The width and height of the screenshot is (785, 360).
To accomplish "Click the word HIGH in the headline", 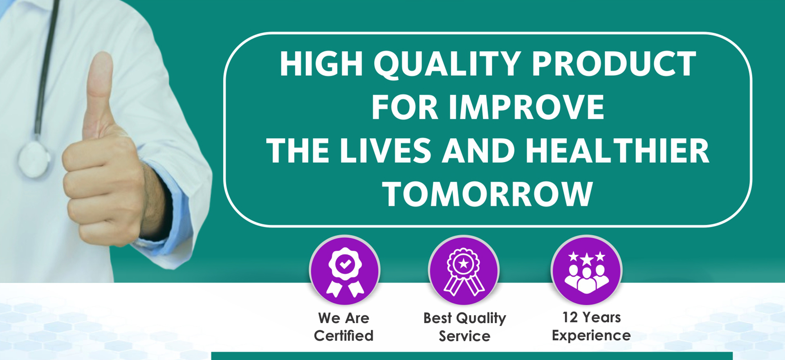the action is tap(321, 64).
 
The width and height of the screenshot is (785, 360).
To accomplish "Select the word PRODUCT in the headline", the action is tap(614, 64).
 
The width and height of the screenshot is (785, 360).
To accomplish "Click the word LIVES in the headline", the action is tap(386, 151).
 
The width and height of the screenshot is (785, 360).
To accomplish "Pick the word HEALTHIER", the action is tap(617, 151).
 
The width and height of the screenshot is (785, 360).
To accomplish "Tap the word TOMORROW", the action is tap(487, 194).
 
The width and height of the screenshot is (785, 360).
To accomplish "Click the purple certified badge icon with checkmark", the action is tap(345, 270).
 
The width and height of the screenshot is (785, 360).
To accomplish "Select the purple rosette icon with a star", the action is tap(464, 270).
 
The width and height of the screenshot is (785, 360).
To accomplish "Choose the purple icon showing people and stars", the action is tap(586, 270).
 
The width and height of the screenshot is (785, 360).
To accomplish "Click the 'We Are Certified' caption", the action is tap(343, 327).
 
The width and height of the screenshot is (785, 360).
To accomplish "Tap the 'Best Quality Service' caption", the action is tap(464, 327).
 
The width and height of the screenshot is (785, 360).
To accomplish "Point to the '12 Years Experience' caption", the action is tap(591, 326).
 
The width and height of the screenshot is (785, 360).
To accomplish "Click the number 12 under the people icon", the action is tap(570, 317).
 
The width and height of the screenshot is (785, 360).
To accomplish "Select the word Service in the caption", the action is tap(464, 336).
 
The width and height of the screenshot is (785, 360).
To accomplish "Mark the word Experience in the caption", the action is tap(591, 336).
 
